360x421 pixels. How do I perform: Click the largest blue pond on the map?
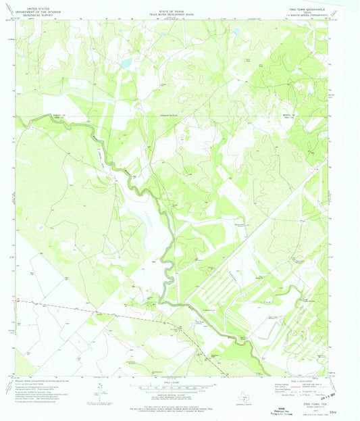pos(126,62)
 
